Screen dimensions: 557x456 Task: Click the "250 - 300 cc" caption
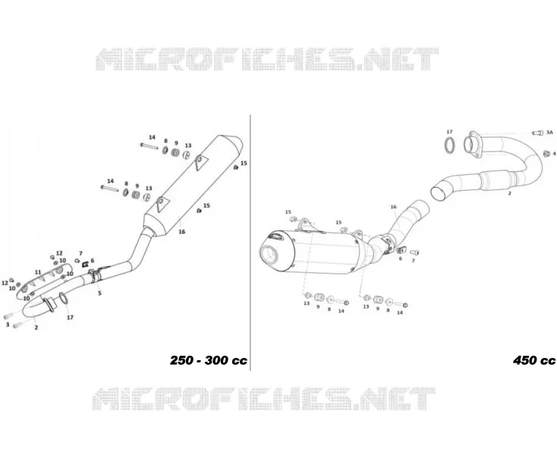click(x=208, y=360)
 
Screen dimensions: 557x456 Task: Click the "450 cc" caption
click(x=534, y=360)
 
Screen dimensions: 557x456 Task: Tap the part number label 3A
click(x=549, y=132)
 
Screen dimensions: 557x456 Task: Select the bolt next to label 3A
click(x=537, y=133)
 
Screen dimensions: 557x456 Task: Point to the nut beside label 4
click(x=546, y=153)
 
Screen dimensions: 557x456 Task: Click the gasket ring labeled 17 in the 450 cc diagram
click(x=451, y=145)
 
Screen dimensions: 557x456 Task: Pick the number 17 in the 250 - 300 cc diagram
click(x=70, y=317)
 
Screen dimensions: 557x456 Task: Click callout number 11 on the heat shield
click(x=38, y=272)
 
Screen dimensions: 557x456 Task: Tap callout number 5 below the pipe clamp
click(x=99, y=293)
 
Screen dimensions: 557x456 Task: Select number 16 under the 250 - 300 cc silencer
click(x=182, y=232)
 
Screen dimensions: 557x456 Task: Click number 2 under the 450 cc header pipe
click(x=510, y=194)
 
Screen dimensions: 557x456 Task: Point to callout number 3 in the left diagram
click(x=8, y=325)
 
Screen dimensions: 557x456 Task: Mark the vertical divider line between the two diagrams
click(x=250, y=242)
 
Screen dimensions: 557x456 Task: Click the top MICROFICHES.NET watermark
click(x=267, y=59)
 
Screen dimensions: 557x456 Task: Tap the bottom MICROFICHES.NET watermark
click(x=263, y=398)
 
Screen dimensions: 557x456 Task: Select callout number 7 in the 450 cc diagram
click(x=413, y=261)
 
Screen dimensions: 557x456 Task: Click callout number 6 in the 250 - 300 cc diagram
click(x=93, y=261)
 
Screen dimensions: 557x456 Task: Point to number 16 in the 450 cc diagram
click(x=393, y=207)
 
